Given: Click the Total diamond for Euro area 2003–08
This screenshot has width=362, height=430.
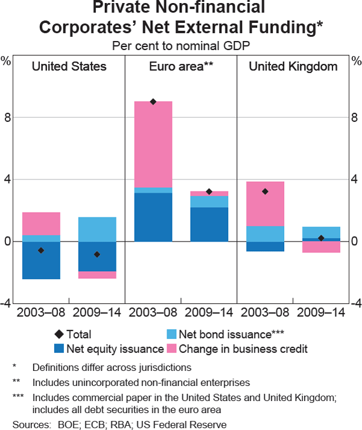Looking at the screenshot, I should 153,101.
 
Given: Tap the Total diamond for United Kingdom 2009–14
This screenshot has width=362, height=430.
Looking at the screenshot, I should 321,238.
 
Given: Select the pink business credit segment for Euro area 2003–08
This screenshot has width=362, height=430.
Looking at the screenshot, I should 153,144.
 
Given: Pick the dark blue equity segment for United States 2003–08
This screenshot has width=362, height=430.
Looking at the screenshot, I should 41,260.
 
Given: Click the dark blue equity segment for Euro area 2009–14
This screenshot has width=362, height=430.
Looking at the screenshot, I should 209,224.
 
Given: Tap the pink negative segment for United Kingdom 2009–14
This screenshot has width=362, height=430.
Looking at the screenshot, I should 321,246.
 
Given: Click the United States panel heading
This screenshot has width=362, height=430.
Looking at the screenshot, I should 69,66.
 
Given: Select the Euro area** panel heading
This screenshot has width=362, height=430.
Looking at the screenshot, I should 181,66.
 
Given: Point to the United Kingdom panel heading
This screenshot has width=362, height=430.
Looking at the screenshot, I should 293,66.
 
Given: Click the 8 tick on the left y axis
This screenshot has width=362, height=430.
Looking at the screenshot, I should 8,117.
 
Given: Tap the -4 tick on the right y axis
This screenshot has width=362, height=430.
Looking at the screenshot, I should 356,304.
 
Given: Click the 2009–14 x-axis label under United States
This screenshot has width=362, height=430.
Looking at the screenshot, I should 97,313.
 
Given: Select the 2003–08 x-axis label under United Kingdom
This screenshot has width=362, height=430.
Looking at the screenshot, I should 265,313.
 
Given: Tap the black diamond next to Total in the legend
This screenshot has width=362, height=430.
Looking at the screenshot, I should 58,333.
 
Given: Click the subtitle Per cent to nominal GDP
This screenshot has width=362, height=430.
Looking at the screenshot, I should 181,45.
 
